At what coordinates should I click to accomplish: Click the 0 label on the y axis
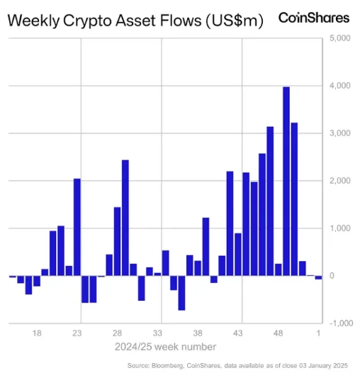tap(332, 276)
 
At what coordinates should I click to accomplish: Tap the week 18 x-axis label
tap(37, 332)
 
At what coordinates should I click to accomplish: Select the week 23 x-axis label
tap(77, 332)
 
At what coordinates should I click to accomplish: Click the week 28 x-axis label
tap(118, 332)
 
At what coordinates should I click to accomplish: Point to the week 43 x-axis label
tap(238, 332)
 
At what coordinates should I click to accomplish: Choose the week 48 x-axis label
tap(279, 332)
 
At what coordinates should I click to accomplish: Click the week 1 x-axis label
tap(319, 332)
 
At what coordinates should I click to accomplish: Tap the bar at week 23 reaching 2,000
tap(77, 227)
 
